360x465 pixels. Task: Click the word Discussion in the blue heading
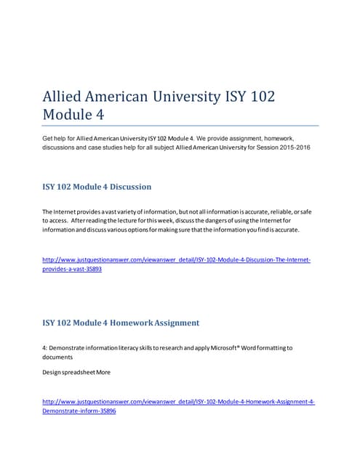click(126, 187)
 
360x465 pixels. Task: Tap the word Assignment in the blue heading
click(175, 323)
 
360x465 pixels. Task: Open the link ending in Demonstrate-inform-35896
click(79, 411)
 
